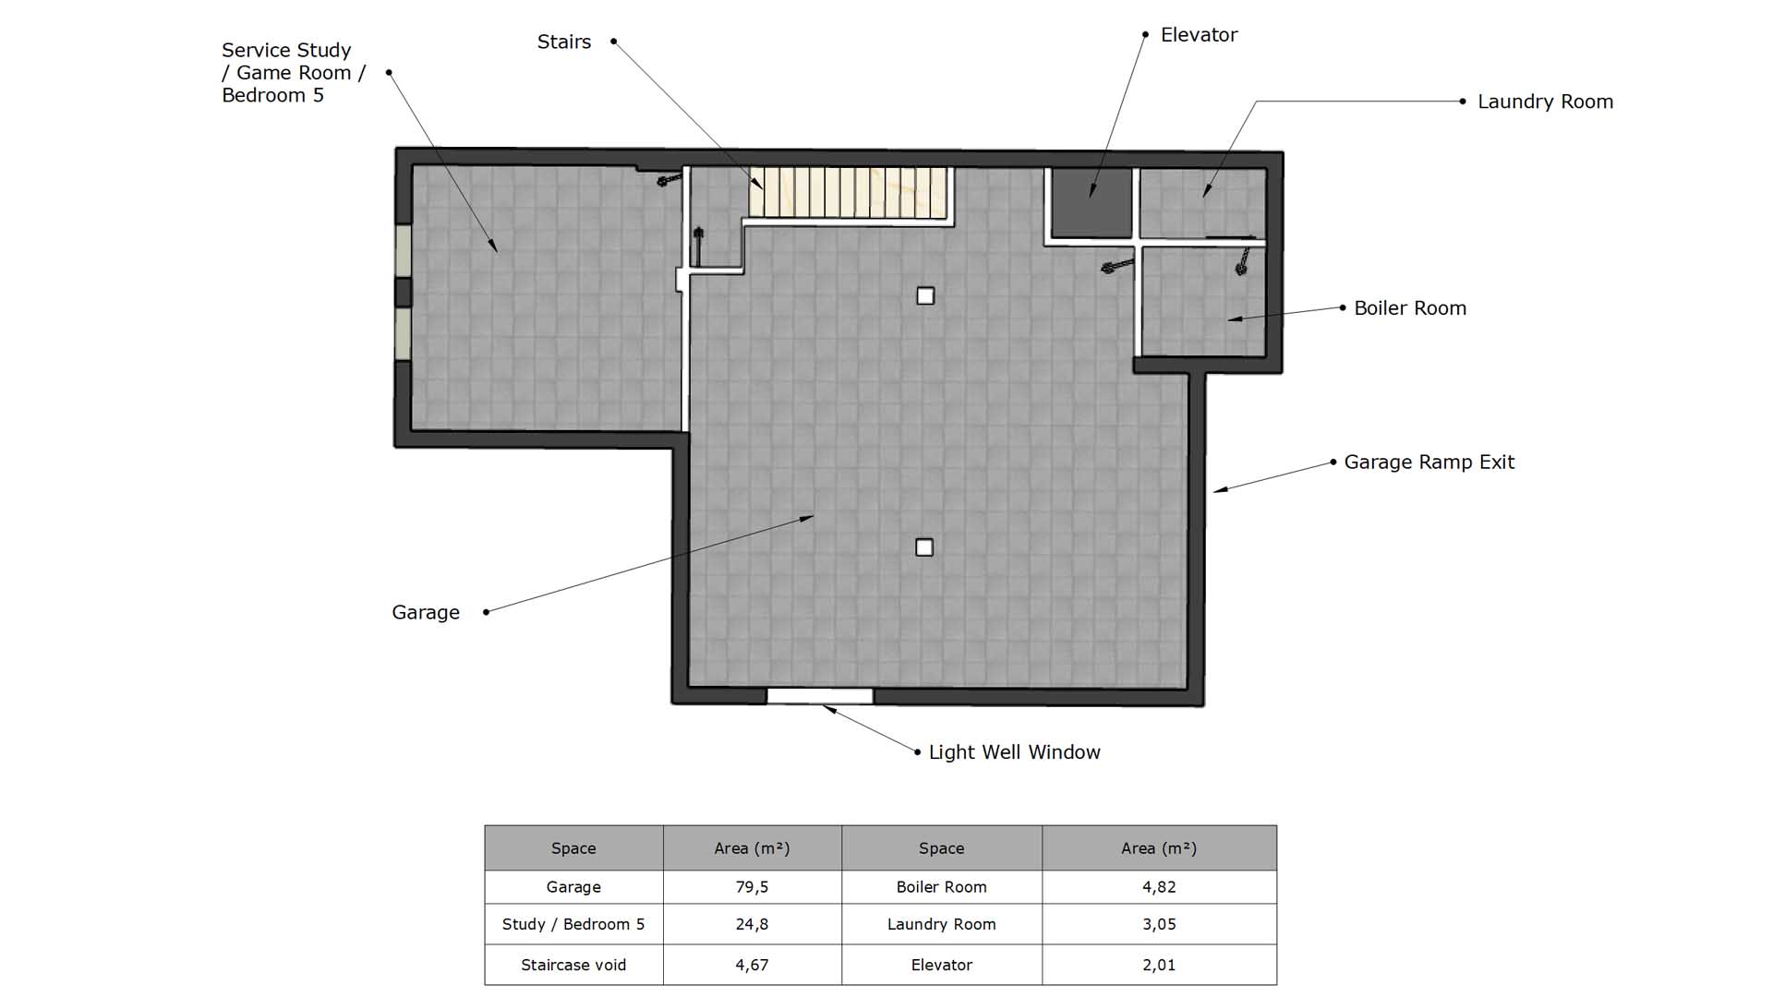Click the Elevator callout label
[1199, 35]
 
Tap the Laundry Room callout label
[1545, 102]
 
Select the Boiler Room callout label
[1410, 308]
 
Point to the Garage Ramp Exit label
[1429, 462]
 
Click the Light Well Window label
[1014, 752]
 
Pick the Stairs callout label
[564, 42]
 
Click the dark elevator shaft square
[1092, 203]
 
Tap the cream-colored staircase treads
[849, 193]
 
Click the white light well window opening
[820, 696]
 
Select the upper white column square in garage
[925, 295]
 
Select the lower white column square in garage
[924, 547]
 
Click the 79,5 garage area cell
[753, 887]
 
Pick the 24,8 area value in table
[753, 924]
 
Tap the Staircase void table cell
[573, 965]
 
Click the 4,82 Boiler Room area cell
[1159, 887]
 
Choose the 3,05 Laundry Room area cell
[1159, 924]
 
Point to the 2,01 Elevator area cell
[1159, 965]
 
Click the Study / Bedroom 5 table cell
[573, 924]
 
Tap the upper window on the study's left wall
[404, 250]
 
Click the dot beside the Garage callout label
[486, 612]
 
